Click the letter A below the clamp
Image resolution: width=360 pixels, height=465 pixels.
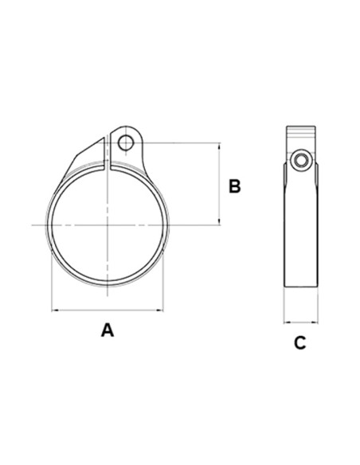click(x=108, y=329)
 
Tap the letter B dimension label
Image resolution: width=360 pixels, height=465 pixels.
click(x=234, y=186)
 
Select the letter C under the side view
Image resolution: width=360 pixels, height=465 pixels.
click(x=299, y=343)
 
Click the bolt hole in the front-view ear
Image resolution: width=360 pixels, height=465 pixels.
click(x=125, y=143)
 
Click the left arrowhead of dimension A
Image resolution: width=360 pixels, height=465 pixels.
click(x=54, y=310)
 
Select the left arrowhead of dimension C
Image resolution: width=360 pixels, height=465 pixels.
click(x=287, y=322)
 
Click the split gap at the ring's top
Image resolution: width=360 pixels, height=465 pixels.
click(x=108, y=159)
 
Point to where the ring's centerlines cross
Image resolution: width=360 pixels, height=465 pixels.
click(x=108, y=226)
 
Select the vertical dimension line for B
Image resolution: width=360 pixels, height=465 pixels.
click(x=218, y=185)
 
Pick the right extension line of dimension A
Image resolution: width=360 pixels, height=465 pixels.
click(x=164, y=271)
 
